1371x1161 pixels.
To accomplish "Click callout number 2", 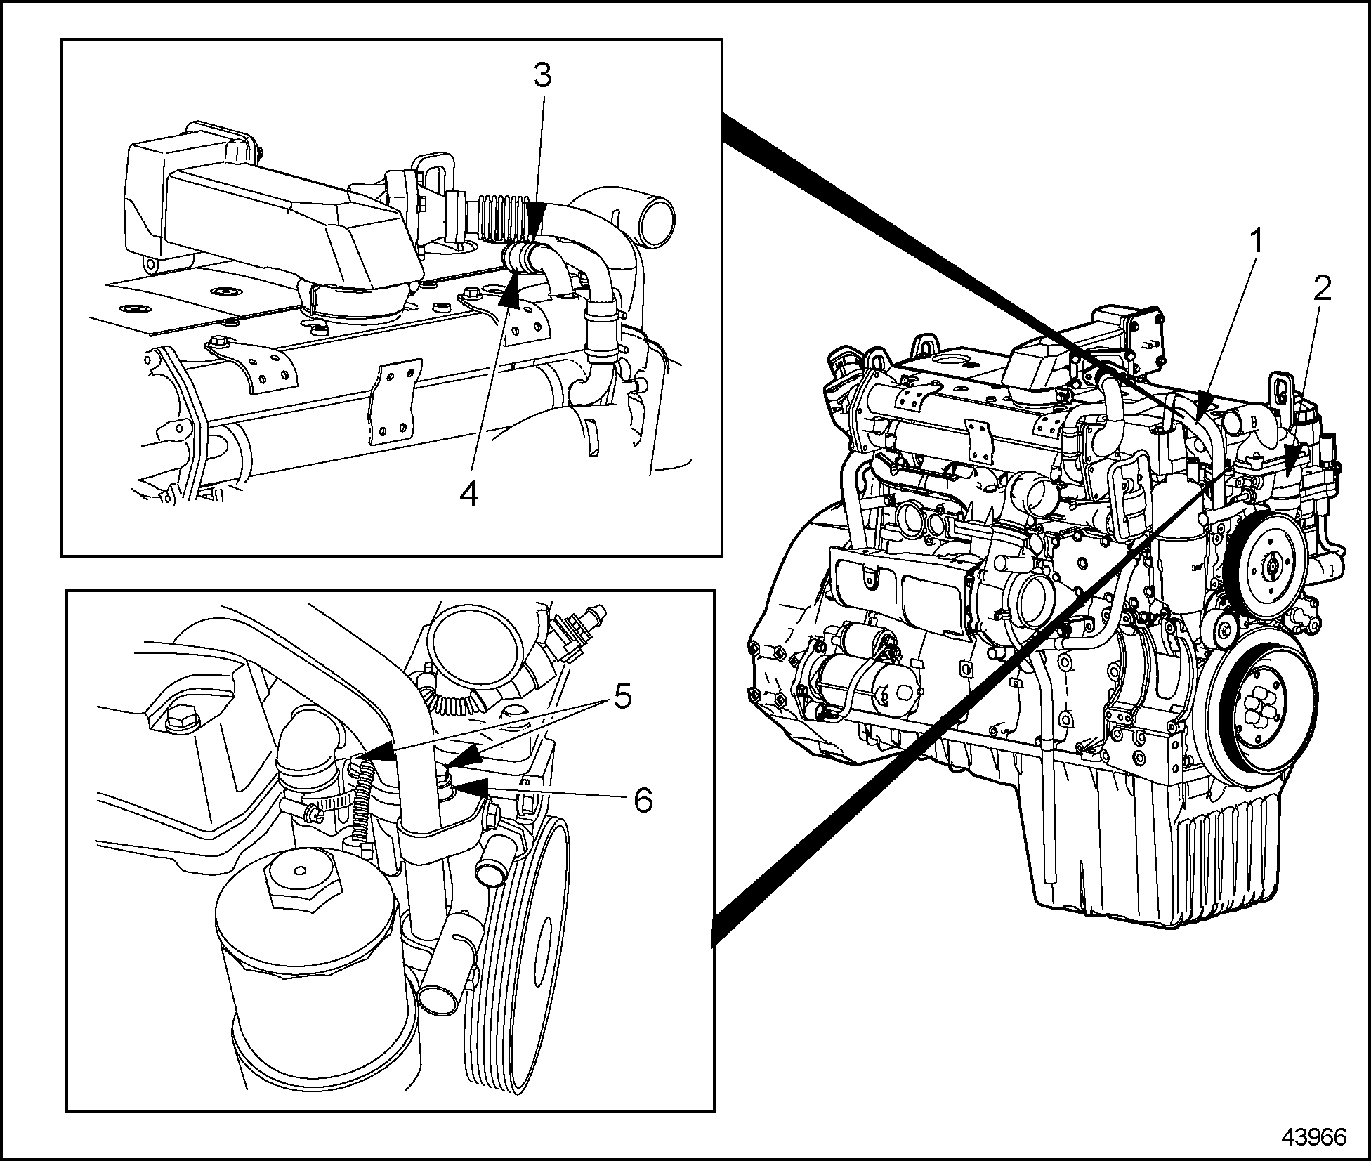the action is pos(1323,289).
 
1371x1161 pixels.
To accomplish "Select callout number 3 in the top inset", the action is pos(542,75).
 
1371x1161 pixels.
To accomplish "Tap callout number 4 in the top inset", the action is pos(468,494).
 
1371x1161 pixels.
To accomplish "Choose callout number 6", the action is pos(643,799).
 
